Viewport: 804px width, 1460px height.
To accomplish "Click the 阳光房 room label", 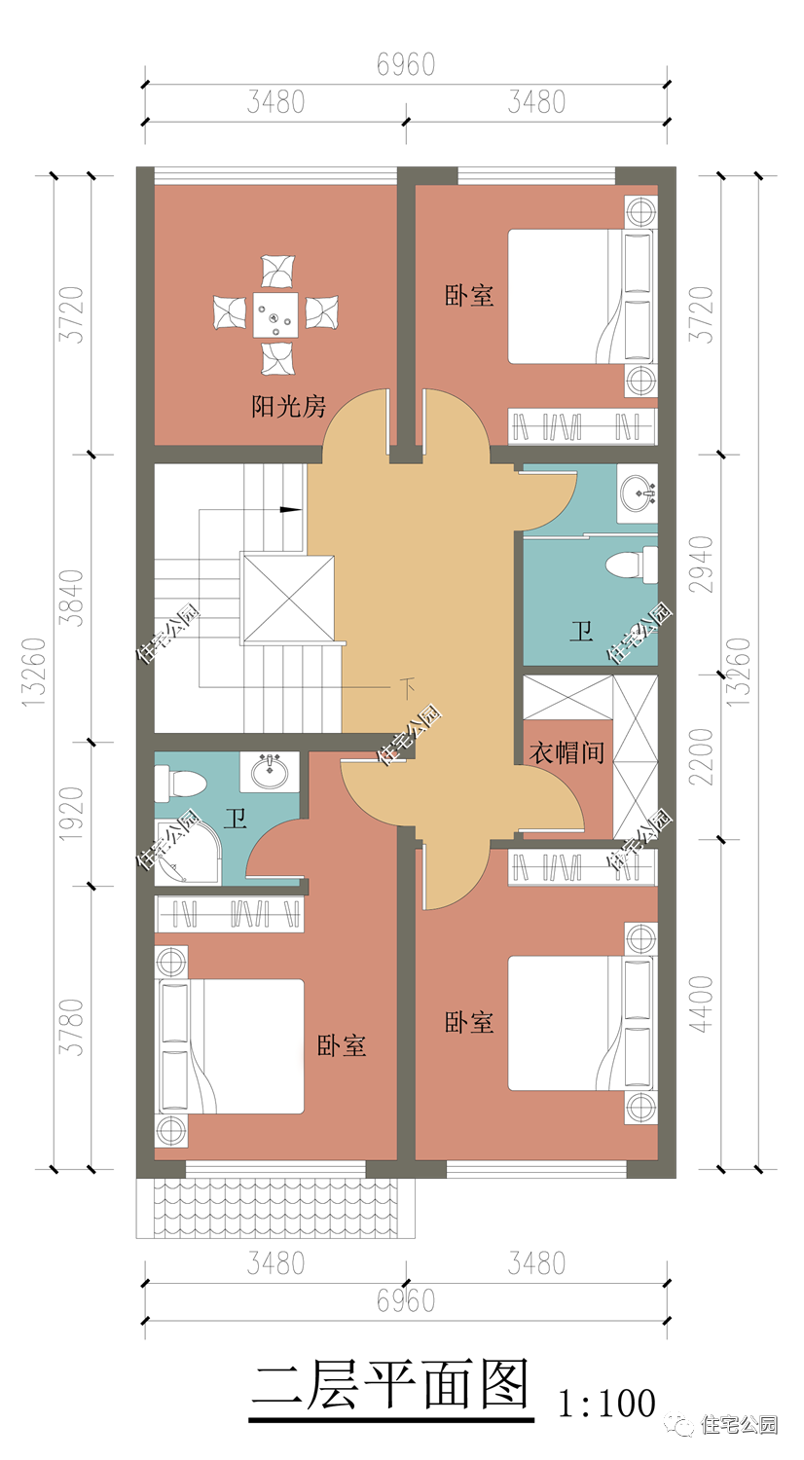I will click(289, 406).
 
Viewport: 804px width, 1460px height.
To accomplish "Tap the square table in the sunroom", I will click(275, 314).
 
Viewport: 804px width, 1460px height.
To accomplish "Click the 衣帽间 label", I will click(566, 752).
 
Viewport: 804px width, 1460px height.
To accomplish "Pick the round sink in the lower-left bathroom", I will click(270, 772).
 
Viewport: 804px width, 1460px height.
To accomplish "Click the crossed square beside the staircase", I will click(287, 599).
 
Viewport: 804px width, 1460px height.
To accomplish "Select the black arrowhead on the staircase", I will click(290, 509).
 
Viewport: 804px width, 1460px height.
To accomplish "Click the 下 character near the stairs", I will click(408, 688).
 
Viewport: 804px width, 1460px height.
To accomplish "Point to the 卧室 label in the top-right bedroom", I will click(469, 296).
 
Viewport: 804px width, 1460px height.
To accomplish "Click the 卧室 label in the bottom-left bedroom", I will click(342, 1046).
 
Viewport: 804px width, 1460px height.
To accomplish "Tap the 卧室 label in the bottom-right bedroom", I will click(469, 1023).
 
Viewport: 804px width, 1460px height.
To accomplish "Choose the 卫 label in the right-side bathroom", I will click(581, 632).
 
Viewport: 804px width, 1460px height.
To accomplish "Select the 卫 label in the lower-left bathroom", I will click(236, 818).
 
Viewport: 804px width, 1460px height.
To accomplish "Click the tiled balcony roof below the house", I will click(275, 1208).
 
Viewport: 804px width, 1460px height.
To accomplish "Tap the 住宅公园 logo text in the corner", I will click(738, 1424).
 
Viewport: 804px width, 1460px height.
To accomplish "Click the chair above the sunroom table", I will click(277, 271).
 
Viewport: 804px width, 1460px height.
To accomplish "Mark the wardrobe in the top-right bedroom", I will click(582, 426).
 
